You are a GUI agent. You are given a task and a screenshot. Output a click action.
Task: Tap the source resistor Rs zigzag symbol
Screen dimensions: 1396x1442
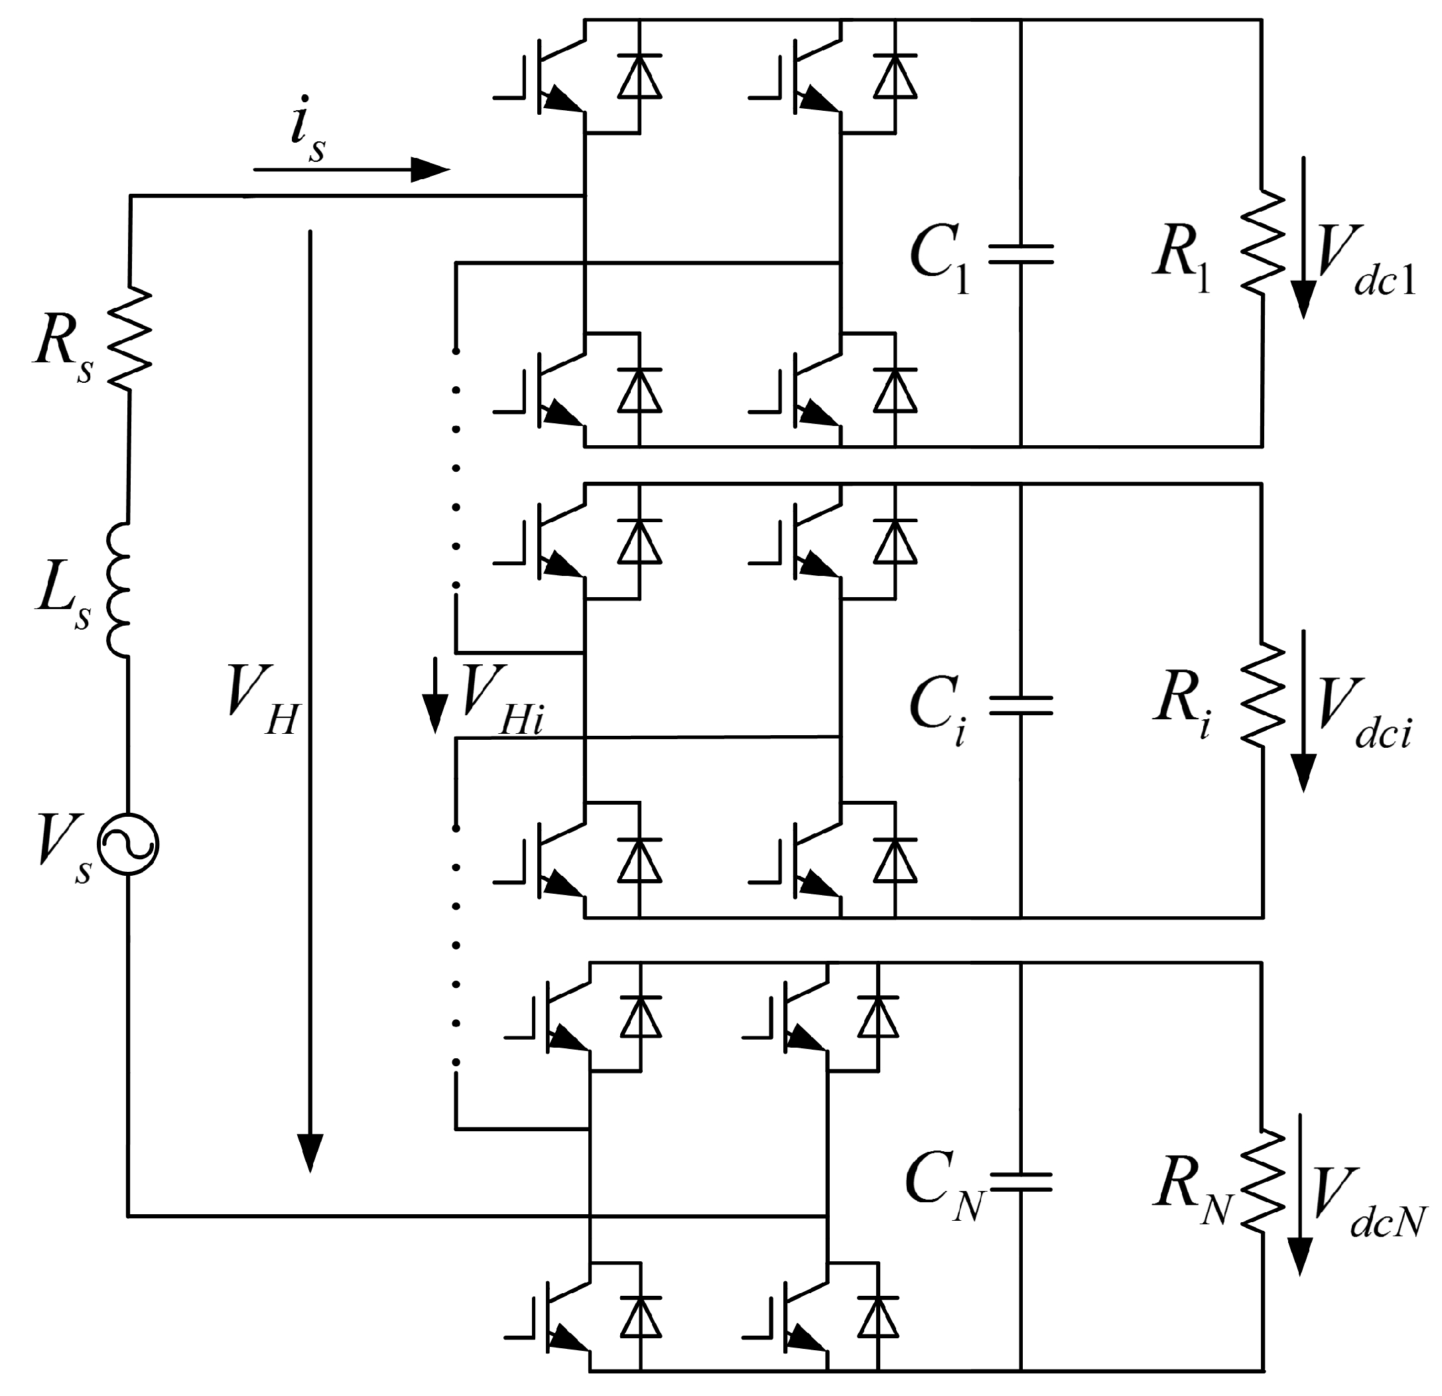click(x=129, y=338)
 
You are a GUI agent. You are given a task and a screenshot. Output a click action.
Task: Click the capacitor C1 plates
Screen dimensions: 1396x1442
click(x=1020, y=255)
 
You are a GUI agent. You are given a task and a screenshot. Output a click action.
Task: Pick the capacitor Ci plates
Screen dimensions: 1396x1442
click(x=1020, y=705)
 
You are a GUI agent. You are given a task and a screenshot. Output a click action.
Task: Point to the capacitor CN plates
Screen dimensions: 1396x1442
click(x=1020, y=1182)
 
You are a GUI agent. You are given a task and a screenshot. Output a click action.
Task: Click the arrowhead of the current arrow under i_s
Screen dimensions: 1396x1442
click(x=430, y=170)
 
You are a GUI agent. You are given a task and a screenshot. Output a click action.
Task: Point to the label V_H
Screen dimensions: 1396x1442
click(x=262, y=699)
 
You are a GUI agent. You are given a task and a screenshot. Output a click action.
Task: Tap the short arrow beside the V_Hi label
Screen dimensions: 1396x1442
click(x=435, y=695)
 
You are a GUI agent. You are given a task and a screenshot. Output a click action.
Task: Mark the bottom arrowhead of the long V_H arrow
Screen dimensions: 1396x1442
click(x=310, y=1152)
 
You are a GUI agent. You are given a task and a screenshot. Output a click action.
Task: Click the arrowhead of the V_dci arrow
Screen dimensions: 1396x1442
click(x=1303, y=773)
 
